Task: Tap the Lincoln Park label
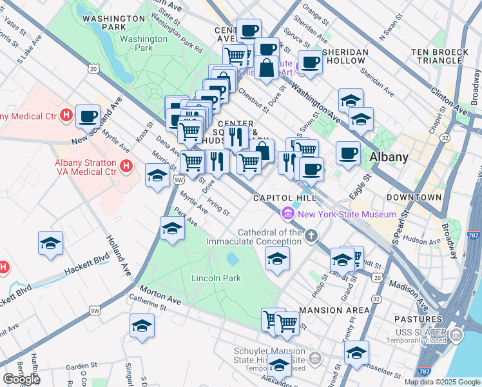coord(216,278)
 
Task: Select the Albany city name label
coord(389,157)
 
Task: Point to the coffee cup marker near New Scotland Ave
coord(88,117)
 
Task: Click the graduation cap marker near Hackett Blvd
coord(50,243)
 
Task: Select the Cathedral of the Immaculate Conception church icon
coord(312,235)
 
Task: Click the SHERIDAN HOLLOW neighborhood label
coord(346,56)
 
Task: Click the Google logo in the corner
coord(21,379)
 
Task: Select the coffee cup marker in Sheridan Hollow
coord(310,63)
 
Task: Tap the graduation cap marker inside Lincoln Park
coord(277,259)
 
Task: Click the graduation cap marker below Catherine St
coord(142,326)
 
